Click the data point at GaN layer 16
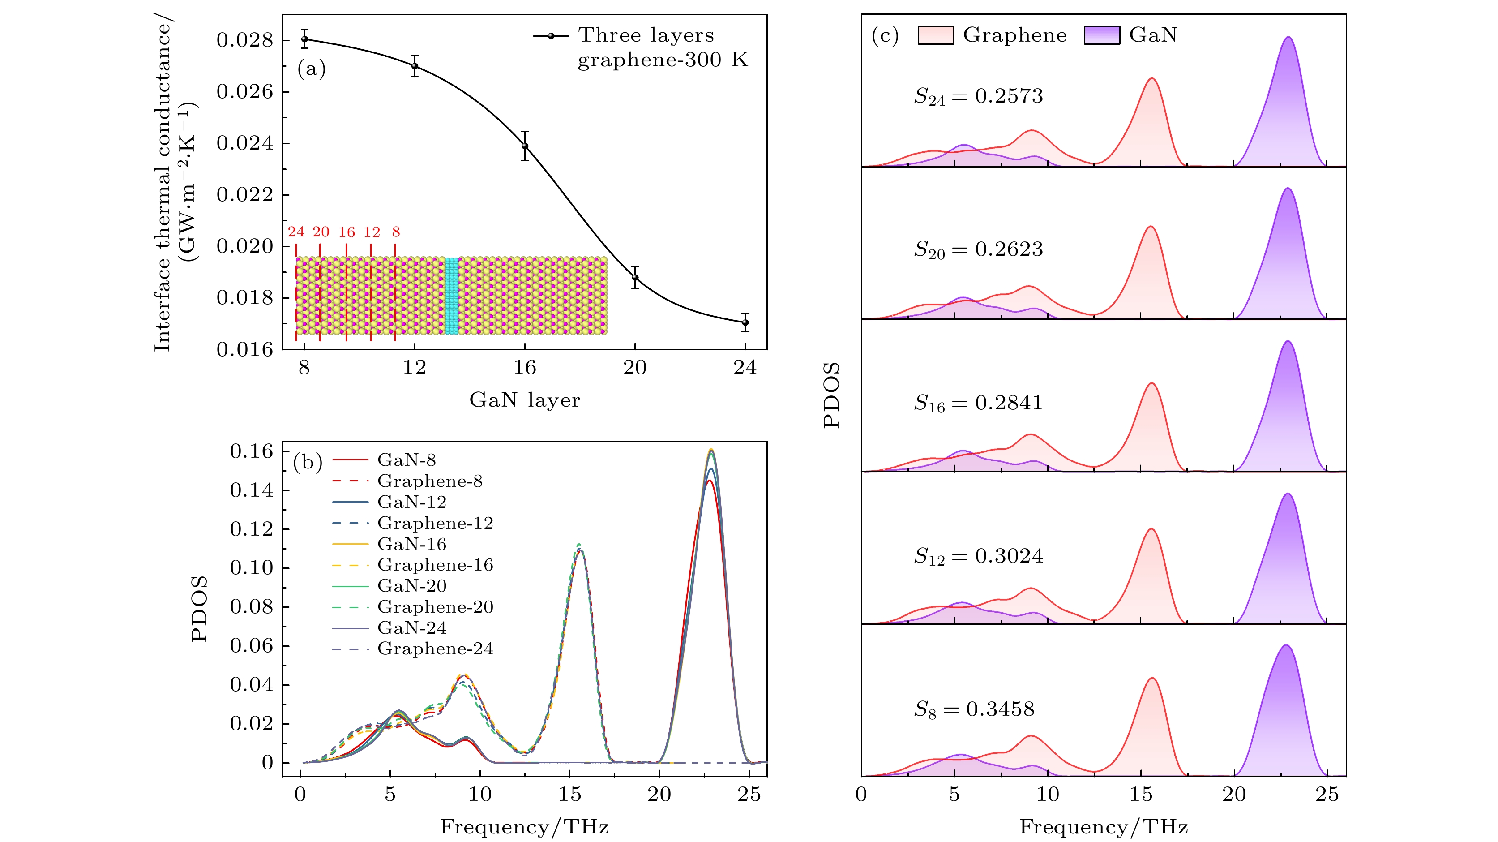point(525,146)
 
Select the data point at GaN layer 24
point(745,322)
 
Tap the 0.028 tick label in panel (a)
point(244,40)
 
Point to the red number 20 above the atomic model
point(321,232)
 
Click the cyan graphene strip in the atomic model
point(451,296)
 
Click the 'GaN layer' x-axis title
point(525,400)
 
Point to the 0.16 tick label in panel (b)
point(251,451)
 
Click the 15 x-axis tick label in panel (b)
point(569,794)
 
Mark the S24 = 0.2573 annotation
point(978,96)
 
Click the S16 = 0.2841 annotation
point(978,403)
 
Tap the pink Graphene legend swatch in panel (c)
point(935,35)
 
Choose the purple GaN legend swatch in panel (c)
point(1101,35)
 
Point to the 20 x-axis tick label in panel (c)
point(1234,794)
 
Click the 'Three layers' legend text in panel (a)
point(646,35)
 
